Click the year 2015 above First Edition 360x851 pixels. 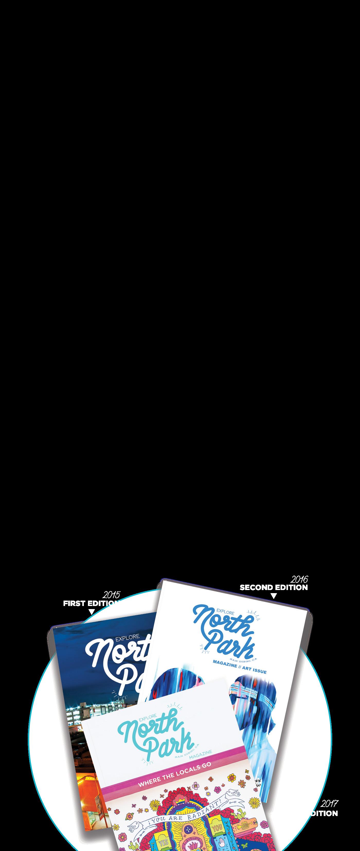111,595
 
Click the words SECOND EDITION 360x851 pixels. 273,587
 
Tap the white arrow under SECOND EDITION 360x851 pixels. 273,596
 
